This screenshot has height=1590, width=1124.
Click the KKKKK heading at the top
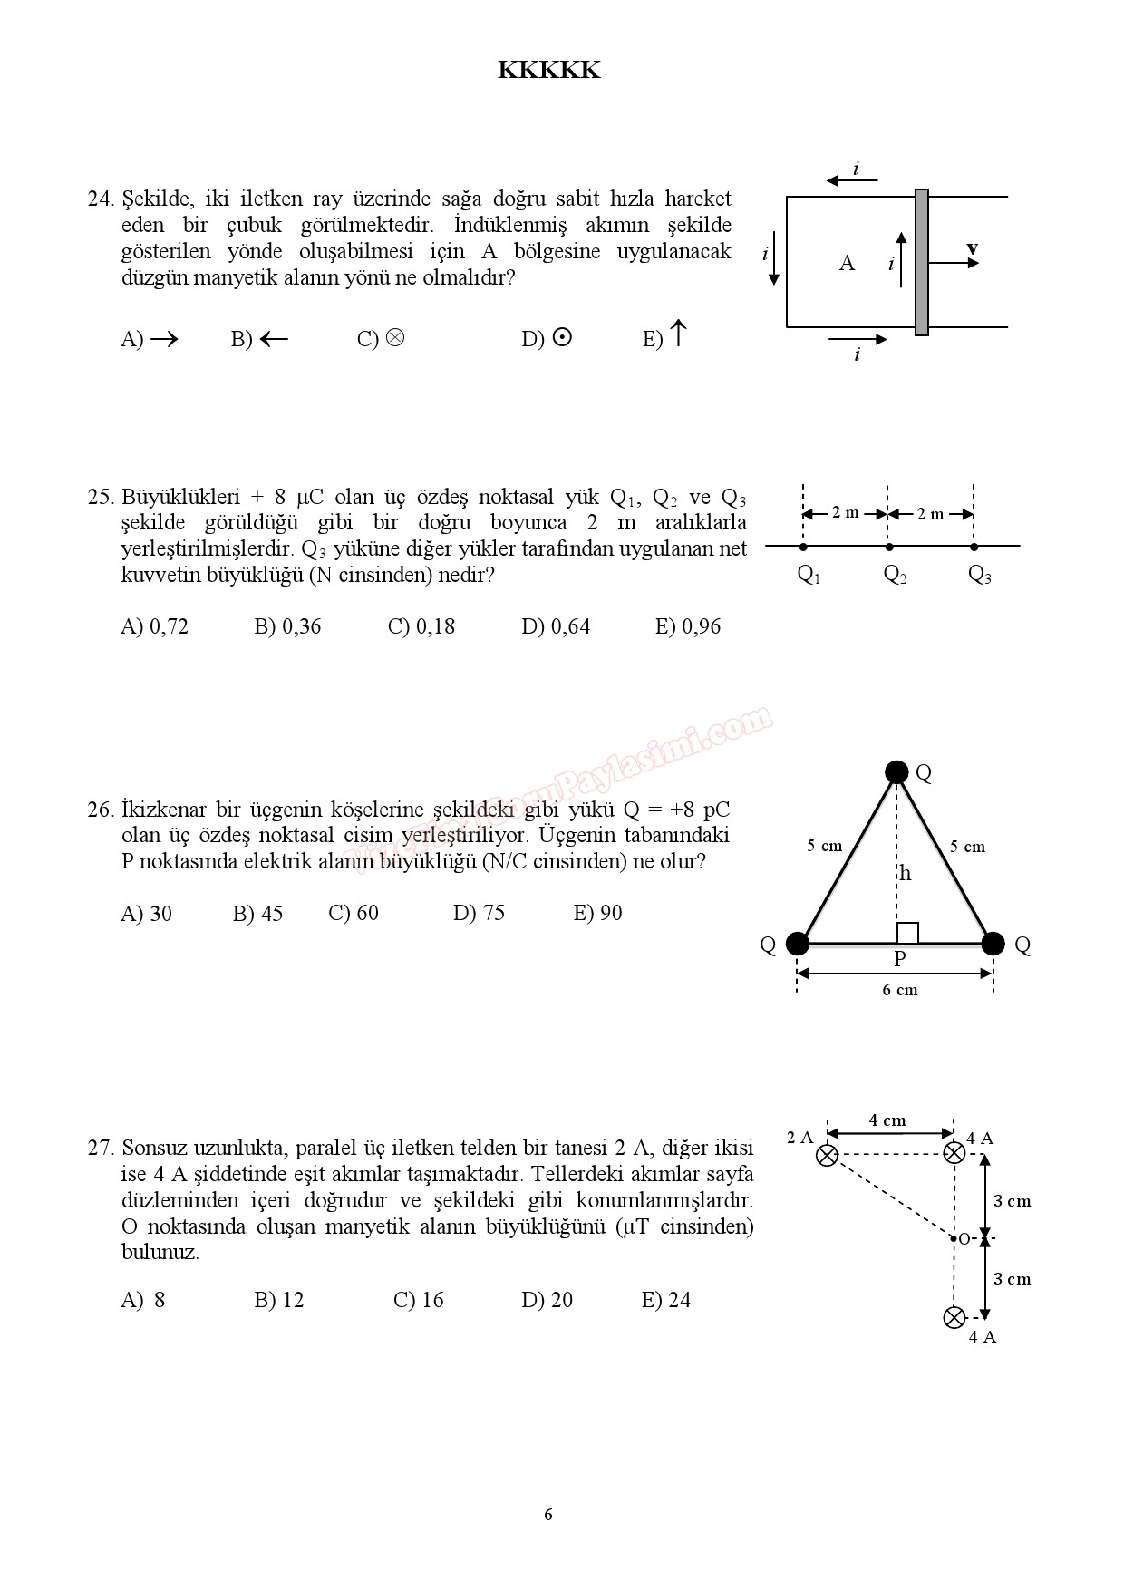[x=548, y=71]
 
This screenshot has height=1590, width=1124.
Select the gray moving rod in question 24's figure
[x=921, y=262]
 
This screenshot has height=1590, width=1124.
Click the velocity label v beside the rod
[x=972, y=247]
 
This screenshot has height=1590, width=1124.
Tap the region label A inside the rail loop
[x=847, y=263]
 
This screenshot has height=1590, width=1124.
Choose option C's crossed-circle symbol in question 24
[x=394, y=337]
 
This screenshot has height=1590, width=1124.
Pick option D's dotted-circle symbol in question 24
[x=562, y=337]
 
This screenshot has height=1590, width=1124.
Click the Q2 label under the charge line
[x=895, y=574]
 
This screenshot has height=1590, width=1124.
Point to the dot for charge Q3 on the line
[x=974, y=547]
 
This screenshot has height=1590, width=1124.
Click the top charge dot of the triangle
[x=896, y=772]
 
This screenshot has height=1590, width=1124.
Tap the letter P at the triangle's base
[x=899, y=958]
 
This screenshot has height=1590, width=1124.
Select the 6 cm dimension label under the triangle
[x=899, y=990]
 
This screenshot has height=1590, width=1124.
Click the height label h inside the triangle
[x=905, y=874]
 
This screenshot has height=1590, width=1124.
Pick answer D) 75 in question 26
[x=479, y=913]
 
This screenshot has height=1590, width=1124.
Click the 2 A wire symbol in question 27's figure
[x=827, y=1155]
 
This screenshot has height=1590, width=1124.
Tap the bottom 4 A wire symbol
[x=954, y=1317]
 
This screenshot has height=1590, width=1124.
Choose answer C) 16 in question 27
[x=418, y=1300]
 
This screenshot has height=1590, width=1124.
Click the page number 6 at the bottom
[x=548, y=1515]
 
